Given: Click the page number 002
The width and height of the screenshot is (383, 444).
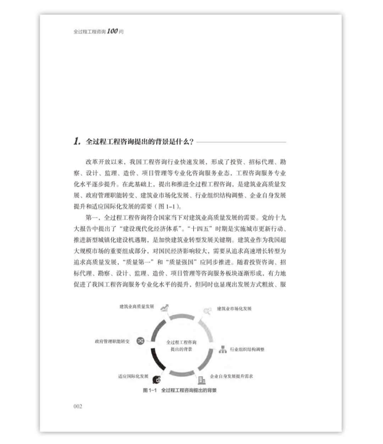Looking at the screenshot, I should point(78,406).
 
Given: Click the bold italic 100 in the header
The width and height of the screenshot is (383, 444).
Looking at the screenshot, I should point(112,31).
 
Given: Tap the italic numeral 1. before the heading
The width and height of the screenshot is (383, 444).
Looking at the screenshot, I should point(77,141).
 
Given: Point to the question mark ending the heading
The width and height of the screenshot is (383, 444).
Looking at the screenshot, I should point(191,142).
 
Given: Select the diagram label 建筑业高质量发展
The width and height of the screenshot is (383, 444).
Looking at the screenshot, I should point(137,307).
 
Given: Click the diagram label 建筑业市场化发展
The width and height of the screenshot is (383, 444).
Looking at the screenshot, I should point(234,309).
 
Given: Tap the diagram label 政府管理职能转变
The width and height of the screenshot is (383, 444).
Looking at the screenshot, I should point(112,342).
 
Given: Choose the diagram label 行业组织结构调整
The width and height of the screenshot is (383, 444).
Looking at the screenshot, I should point(247,350).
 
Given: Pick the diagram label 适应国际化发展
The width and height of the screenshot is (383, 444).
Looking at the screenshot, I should point(133,376).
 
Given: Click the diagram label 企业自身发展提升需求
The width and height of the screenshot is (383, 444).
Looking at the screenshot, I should point(232,376).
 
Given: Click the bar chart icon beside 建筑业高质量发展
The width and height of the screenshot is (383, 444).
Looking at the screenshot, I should point(164,308).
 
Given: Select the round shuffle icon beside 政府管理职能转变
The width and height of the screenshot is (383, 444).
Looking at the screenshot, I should point(140,341).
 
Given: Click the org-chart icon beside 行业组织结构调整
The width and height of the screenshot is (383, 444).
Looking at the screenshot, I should point(222,349).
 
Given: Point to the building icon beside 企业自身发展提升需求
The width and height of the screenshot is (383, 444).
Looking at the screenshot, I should point(201,380).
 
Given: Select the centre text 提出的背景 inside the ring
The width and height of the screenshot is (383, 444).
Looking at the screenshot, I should point(181,349).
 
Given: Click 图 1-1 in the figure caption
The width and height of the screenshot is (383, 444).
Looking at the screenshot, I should point(149,390).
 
